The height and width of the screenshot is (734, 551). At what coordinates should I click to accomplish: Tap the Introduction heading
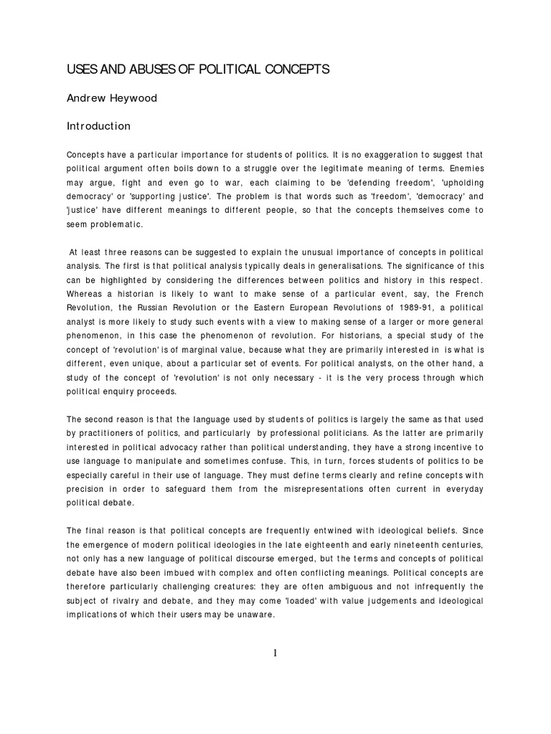[x=99, y=126]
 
